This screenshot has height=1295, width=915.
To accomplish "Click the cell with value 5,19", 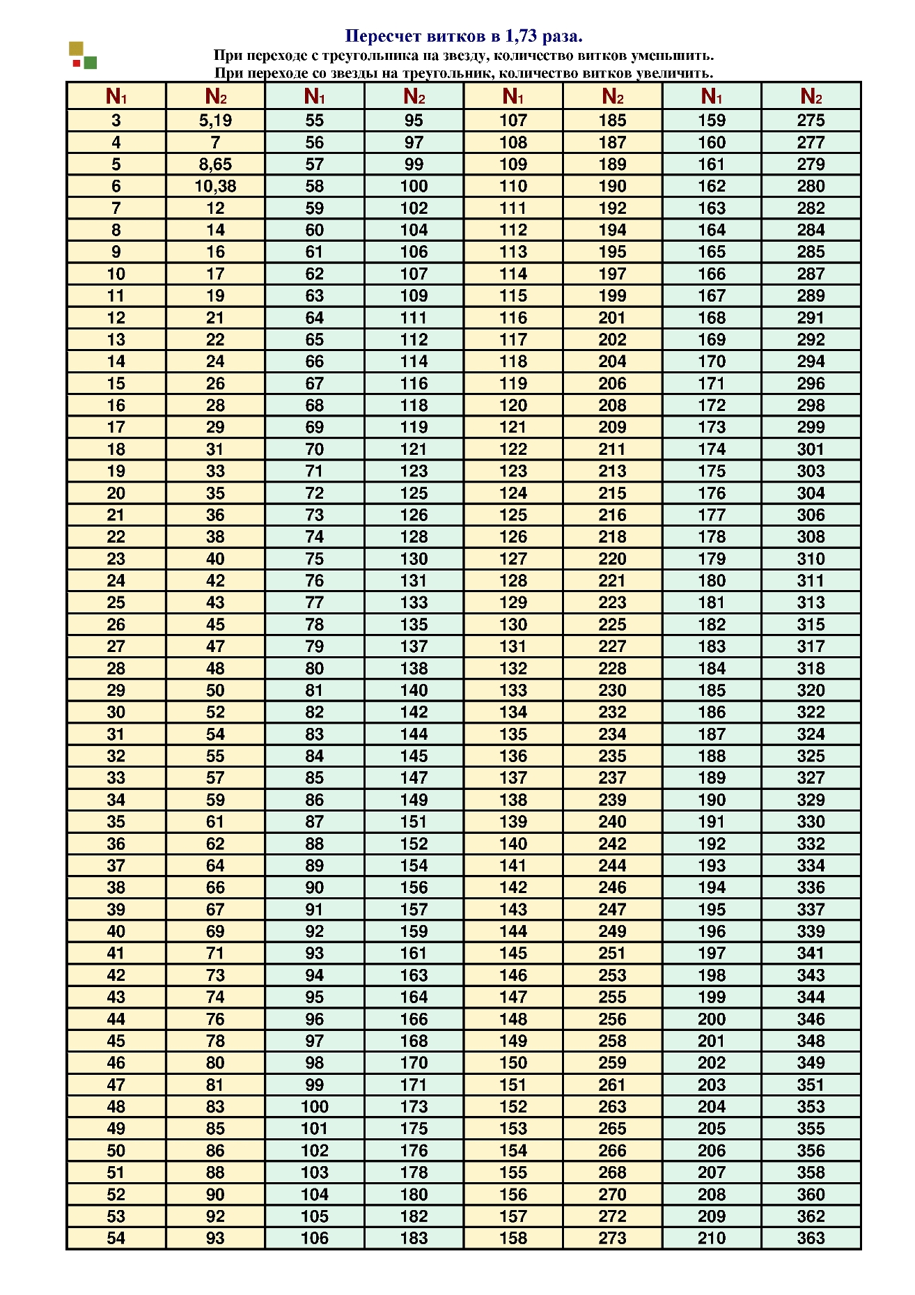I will point(215,121).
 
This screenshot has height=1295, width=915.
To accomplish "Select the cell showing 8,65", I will point(215,164).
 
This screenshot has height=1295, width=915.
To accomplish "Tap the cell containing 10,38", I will point(215,186).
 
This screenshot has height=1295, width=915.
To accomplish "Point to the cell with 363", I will point(811,1238).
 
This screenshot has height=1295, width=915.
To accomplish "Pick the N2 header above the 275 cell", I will point(811,96).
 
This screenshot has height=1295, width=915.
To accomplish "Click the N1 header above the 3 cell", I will point(116,96).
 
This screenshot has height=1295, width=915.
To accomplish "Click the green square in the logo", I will point(91,63).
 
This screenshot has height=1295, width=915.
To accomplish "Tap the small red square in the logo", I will point(76,63).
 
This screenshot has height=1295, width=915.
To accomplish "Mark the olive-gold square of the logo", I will point(76,49).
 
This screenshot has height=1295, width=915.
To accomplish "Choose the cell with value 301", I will point(811,449).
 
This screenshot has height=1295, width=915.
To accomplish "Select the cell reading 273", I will point(612,1238).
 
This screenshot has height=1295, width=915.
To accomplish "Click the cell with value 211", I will point(612,449).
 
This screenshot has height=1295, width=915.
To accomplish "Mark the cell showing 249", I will point(612,931).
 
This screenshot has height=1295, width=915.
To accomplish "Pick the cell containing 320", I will point(811,690).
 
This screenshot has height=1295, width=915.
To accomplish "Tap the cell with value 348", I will point(811,1041).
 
